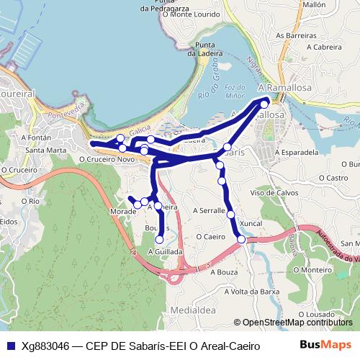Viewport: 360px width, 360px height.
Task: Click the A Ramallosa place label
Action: point(282,86)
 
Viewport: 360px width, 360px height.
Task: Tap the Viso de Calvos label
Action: point(274,192)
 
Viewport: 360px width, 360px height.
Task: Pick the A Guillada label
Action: point(165,252)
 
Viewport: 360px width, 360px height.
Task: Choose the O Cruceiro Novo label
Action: point(107,159)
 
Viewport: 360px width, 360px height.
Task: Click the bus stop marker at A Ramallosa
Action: point(264,104)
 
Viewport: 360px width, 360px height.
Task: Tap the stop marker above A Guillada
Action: point(160,240)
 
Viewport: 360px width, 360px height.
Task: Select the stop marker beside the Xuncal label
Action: point(241,239)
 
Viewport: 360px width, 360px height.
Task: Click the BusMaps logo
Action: point(325,345)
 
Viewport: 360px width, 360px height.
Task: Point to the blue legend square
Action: point(10,346)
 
